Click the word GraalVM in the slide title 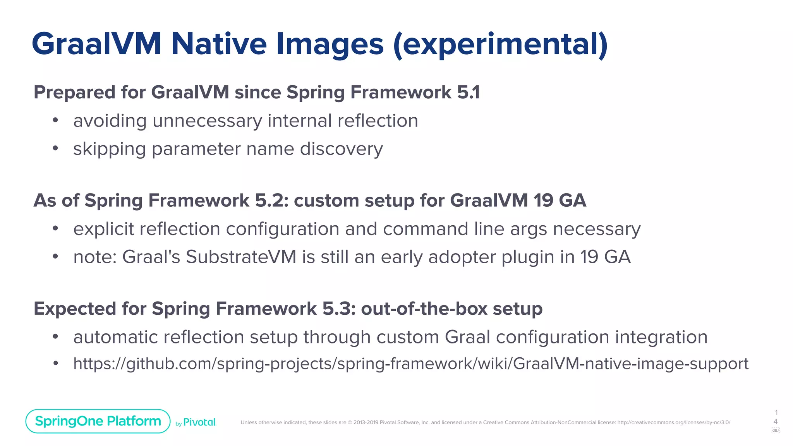(96, 44)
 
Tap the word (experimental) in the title (500, 45)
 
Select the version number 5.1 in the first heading (468, 93)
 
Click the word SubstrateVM (241, 257)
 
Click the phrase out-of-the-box (424, 309)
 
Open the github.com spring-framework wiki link (410, 364)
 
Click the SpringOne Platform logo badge (98, 421)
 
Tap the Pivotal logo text (199, 422)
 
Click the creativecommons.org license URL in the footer (673, 422)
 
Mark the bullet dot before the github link (56, 364)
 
